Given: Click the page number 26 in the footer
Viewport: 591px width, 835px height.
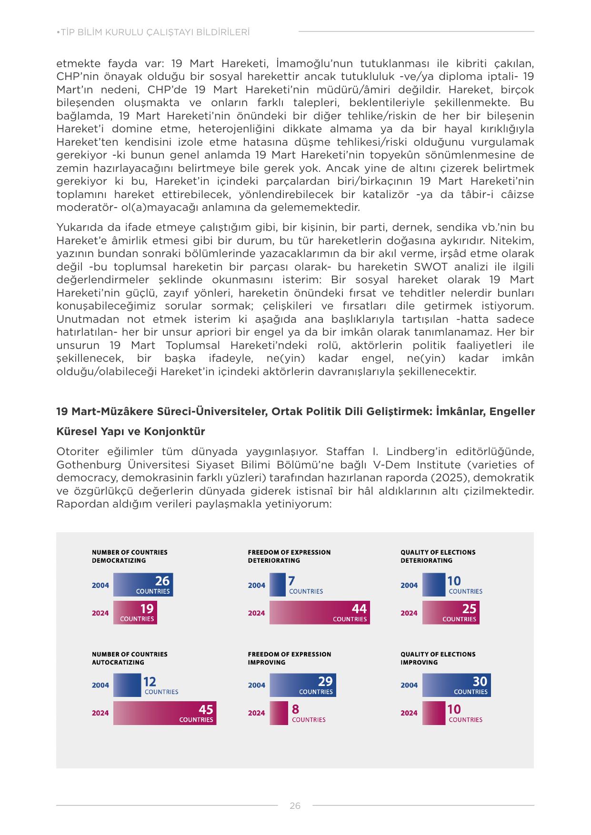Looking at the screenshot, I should [295, 805].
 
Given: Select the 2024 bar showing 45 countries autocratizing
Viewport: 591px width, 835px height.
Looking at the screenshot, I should [165, 713].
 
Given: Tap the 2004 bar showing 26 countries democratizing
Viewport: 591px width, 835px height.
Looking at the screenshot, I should [143, 585].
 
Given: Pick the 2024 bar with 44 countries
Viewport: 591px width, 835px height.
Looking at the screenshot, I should [320, 613].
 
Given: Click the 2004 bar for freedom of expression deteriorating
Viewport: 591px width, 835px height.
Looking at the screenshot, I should [277, 585].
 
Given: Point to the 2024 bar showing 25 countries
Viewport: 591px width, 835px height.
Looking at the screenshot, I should [451, 613].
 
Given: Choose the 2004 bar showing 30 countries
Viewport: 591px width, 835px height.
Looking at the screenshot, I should [456, 686].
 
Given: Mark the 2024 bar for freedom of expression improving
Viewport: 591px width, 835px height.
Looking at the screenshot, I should [279, 713].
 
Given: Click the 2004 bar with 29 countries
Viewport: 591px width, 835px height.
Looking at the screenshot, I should [302, 686].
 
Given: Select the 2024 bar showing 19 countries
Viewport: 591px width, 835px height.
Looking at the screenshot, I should [135, 613].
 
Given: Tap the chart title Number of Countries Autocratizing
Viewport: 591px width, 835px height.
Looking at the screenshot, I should [130, 658].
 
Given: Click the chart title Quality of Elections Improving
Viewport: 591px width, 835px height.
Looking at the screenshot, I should [438, 658].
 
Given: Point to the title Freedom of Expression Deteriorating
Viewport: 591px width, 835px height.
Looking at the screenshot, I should [289, 556].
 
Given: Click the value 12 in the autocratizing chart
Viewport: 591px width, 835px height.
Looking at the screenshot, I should [150, 682].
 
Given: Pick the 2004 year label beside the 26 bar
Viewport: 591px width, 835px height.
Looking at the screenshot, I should [100, 586].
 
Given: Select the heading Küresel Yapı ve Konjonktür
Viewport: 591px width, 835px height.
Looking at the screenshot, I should [130, 431].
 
